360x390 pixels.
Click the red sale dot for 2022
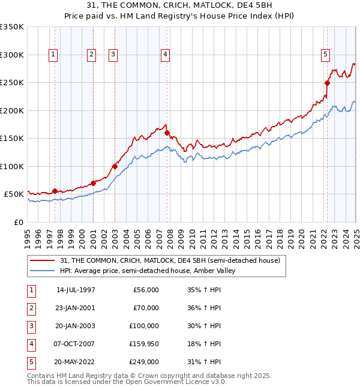(328, 83)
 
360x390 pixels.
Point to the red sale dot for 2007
(167, 133)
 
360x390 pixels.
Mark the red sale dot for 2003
(115, 166)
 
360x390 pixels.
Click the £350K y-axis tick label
(12, 27)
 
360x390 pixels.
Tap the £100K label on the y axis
(12, 166)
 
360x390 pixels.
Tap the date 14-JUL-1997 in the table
(76, 290)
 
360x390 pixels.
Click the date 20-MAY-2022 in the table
(76, 362)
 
